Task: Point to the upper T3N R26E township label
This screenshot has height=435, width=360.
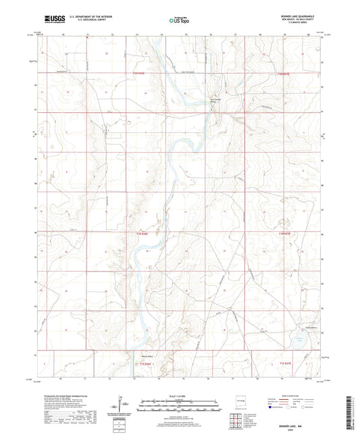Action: click(x=140, y=73)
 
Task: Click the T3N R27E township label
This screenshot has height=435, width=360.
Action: click(x=286, y=73)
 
